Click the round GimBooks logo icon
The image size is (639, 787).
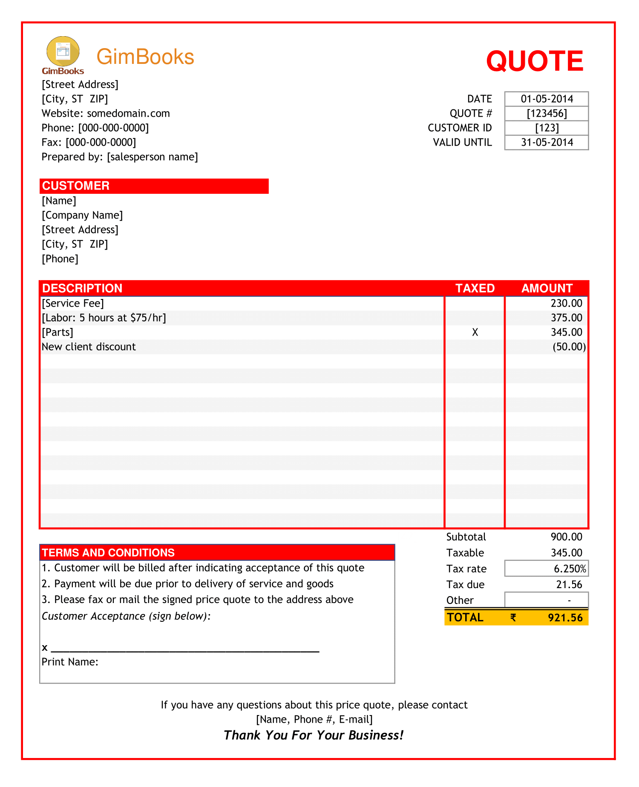[63, 52]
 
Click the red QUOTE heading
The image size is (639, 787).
[535, 61]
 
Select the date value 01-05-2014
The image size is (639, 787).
[547, 99]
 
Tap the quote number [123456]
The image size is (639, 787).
[547, 113]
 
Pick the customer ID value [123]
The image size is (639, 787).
[547, 128]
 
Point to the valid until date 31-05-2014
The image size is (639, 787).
[547, 142]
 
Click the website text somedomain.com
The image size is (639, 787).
[128, 113]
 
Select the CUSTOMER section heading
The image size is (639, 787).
[76, 186]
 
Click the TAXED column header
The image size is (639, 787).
[475, 288]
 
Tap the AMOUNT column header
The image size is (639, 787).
[547, 288]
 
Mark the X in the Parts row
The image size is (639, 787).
[475, 332]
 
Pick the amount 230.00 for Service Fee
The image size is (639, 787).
[566, 303]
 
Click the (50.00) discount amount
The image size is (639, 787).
[569, 347]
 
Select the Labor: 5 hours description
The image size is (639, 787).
[104, 318]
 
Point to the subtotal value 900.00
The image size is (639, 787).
[566, 537]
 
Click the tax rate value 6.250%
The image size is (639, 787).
[570, 569]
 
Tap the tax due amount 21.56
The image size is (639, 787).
[569, 584]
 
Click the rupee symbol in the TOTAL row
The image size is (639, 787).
[513, 618]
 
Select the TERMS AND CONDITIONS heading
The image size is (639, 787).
[108, 552]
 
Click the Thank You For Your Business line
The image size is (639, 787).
[314, 735]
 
